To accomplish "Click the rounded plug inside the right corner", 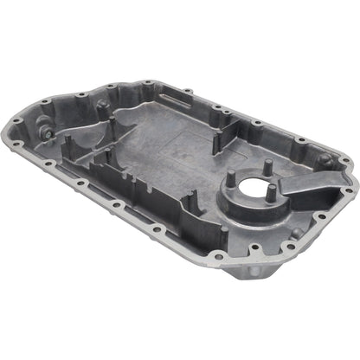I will (324, 159).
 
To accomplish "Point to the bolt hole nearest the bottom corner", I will (256, 249).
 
